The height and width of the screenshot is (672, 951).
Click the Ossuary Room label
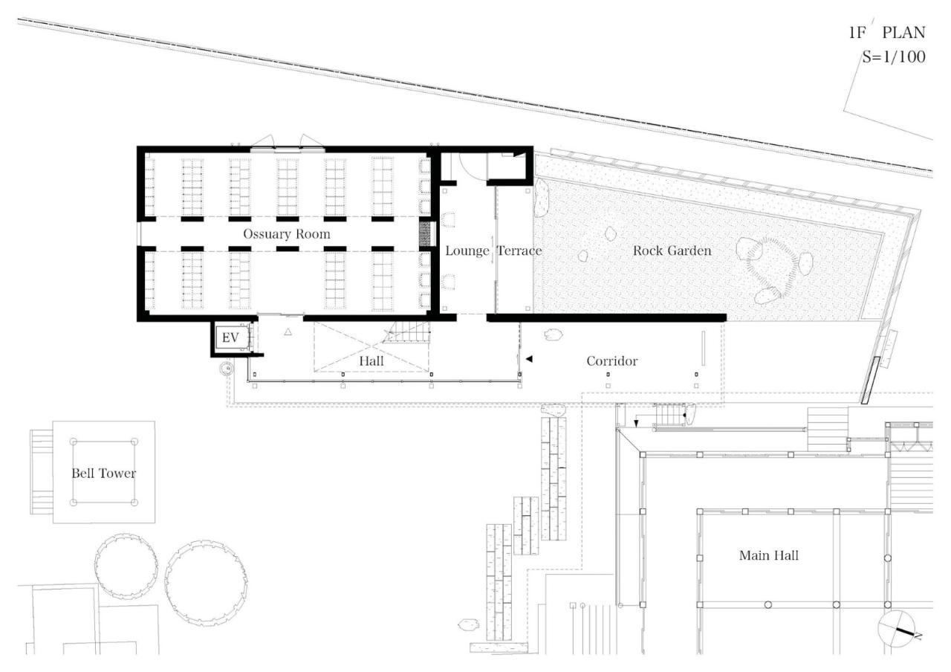click(x=287, y=234)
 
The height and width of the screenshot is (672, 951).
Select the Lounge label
click(x=467, y=251)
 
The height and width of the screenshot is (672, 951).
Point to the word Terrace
click(x=519, y=251)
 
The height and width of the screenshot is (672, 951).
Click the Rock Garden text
click(x=672, y=251)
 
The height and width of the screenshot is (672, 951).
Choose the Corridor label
click(x=612, y=361)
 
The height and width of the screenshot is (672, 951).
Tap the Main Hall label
click(x=769, y=555)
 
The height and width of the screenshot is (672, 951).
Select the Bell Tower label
click(x=103, y=473)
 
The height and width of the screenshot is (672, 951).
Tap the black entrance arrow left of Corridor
click(x=529, y=360)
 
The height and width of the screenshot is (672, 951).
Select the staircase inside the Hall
click(x=408, y=332)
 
